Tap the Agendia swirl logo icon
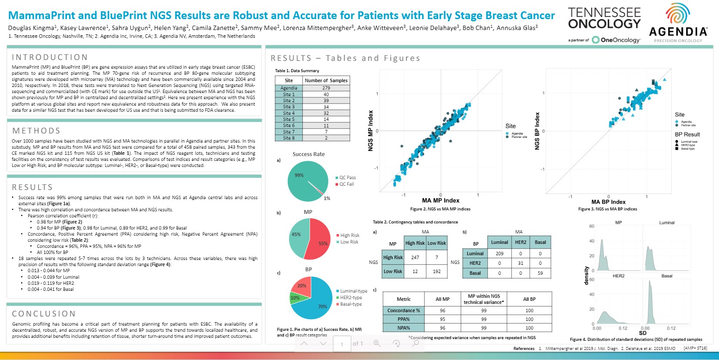(677, 14)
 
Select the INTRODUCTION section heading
(50, 57)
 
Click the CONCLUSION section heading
(44, 314)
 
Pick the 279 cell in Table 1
(326, 88)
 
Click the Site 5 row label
(289, 119)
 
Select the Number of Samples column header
(326, 80)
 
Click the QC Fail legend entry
(347, 184)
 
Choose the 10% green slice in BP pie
(295, 298)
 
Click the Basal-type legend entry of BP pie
(351, 304)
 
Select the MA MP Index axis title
(440, 200)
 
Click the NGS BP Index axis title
(537, 131)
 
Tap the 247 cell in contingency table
(415, 257)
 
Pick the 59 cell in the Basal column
(540, 273)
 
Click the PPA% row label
(403, 319)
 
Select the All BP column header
(529, 299)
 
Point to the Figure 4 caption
(636, 340)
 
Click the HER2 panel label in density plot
(618, 276)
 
